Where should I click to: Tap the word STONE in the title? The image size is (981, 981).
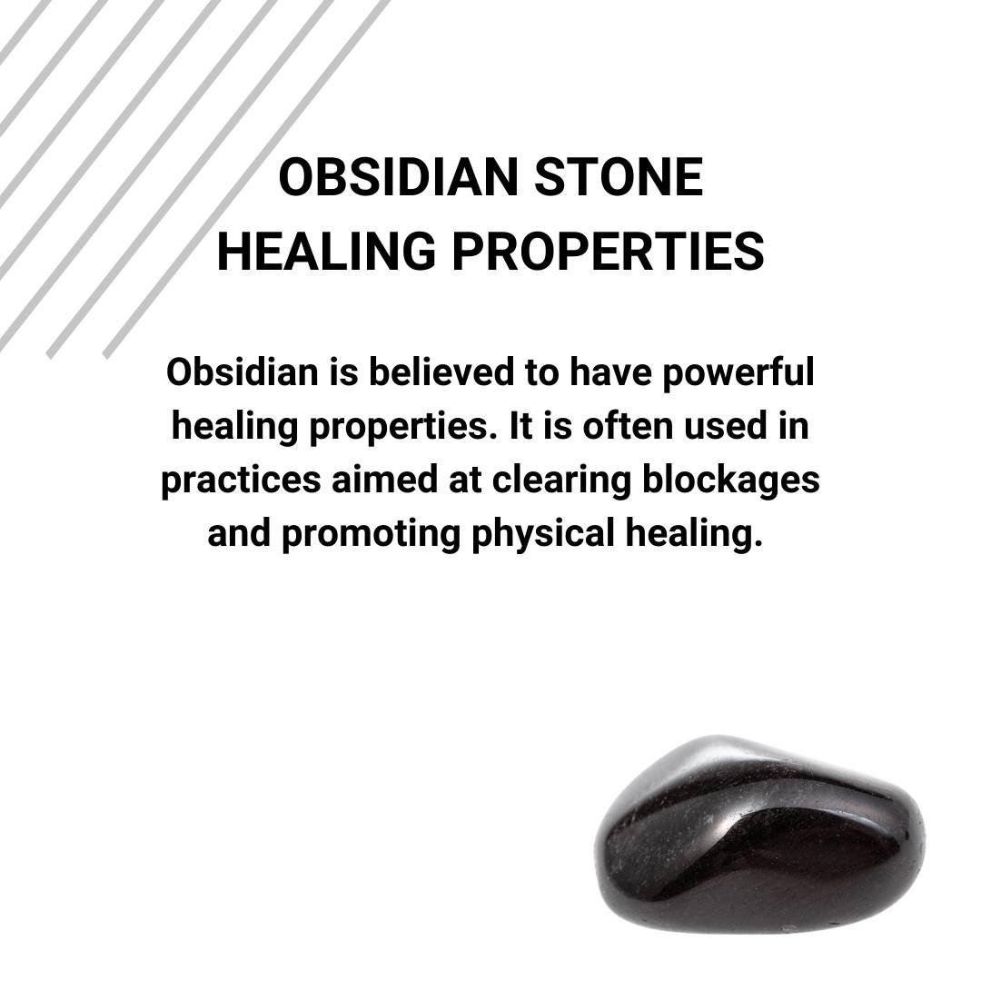pos(619,177)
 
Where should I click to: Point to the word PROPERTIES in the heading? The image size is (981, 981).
pos(608,252)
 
